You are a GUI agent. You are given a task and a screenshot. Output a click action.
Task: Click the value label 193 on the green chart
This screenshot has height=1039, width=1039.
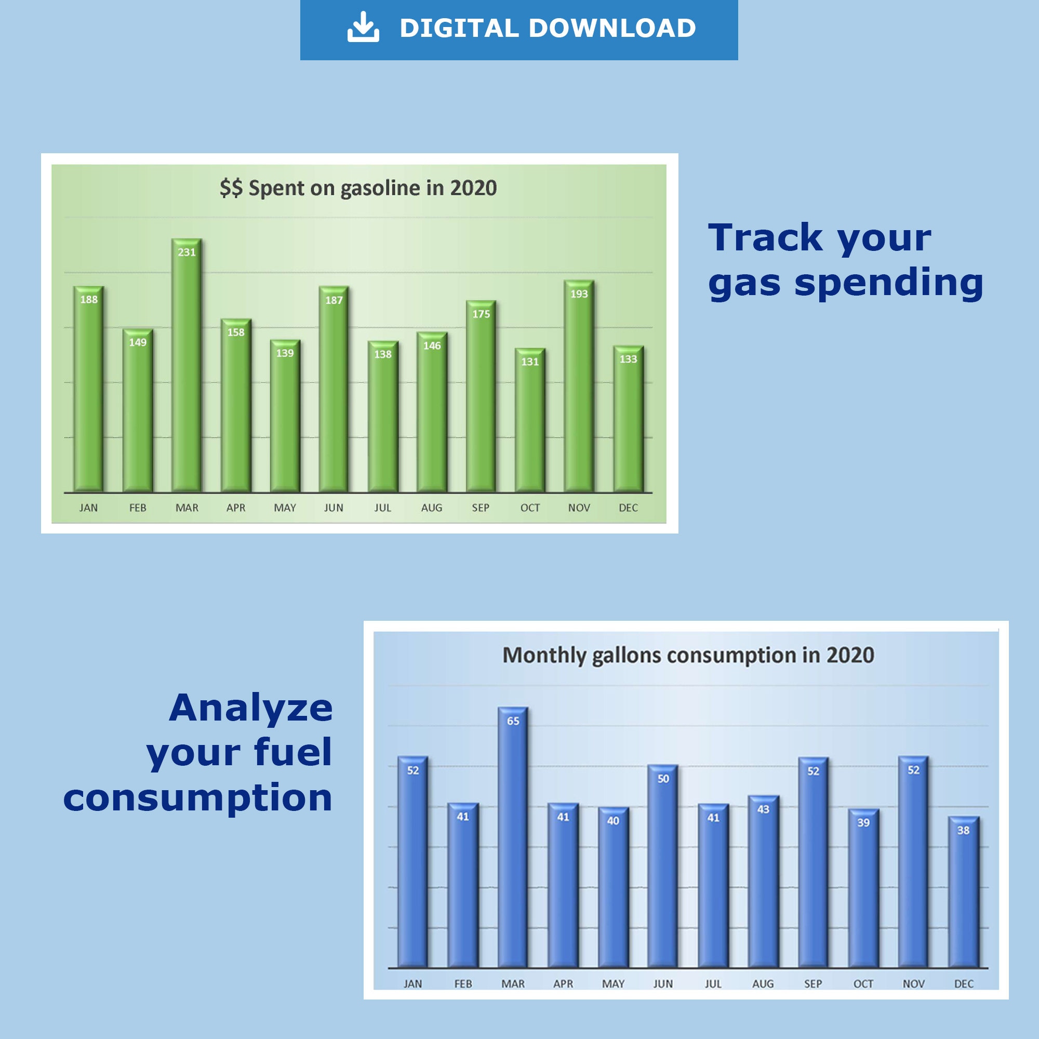(x=579, y=294)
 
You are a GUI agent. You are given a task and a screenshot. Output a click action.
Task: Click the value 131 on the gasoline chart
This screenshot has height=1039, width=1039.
(x=530, y=362)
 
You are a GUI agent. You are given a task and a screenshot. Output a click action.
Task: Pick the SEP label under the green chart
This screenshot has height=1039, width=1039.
(x=480, y=508)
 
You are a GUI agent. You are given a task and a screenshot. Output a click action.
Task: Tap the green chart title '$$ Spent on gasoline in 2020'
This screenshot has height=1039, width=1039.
(x=358, y=188)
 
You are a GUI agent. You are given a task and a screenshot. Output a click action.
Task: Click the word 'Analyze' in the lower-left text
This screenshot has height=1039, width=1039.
(x=250, y=708)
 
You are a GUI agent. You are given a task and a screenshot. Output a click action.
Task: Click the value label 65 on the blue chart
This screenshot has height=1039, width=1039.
(x=513, y=721)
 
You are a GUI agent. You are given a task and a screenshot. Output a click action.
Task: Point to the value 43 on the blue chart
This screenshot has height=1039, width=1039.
(x=763, y=809)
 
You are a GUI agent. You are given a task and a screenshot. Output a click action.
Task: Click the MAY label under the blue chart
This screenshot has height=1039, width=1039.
(x=613, y=983)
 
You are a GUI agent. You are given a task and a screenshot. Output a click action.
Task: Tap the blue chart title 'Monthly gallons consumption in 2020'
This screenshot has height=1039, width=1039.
(x=688, y=656)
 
